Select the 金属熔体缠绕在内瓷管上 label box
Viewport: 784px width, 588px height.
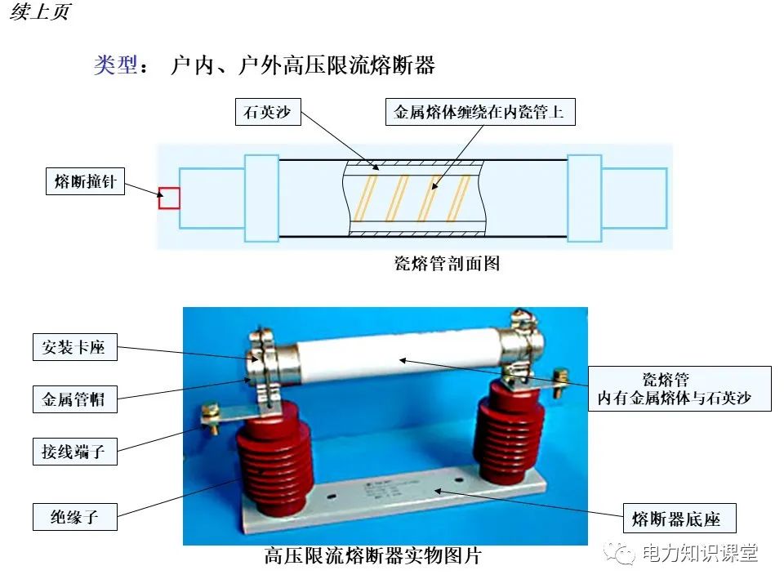pyautogui.click(x=479, y=112)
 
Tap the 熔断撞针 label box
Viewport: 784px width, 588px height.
pyautogui.click(x=84, y=182)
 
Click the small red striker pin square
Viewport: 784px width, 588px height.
pyautogui.click(x=169, y=198)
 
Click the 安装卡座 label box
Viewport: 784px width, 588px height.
pyautogui.click(x=73, y=347)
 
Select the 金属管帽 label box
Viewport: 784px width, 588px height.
pyautogui.click(x=73, y=399)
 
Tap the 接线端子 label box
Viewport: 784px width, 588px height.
pyautogui.click(x=73, y=450)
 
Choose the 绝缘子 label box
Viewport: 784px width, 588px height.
pyautogui.click(x=73, y=516)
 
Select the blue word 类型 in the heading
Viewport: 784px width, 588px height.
pyautogui.click(x=115, y=65)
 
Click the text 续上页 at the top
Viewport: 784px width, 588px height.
pyautogui.click(x=40, y=14)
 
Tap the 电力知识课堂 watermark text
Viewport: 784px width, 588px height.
pyautogui.click(x=700, y=553)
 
